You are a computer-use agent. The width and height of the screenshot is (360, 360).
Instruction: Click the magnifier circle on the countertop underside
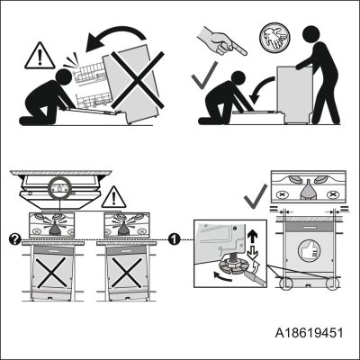click(x=59, y=189)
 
